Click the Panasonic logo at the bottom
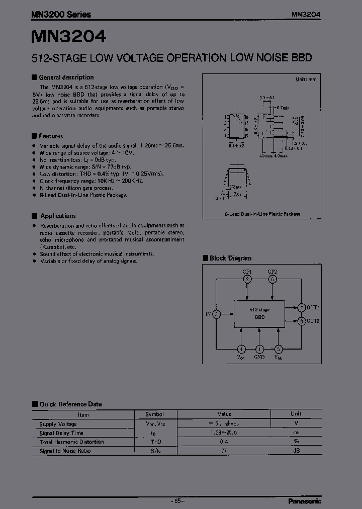[305, 501]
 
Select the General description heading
[66, 77]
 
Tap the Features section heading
[51, 136]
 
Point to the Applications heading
[58, 216]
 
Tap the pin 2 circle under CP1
[247, 279]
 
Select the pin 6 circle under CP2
[272, 279]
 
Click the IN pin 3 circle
[216, 314]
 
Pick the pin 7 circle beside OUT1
[302, 307]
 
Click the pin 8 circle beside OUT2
[302, 321]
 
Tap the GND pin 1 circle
[259, 349]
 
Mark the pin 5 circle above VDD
[278, 349]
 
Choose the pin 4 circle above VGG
[241, 349]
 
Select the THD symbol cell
[154, 442]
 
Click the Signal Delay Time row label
[61, 433]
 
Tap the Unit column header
[296, 414]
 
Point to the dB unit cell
[296, 451]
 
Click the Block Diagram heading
[230, 258]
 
